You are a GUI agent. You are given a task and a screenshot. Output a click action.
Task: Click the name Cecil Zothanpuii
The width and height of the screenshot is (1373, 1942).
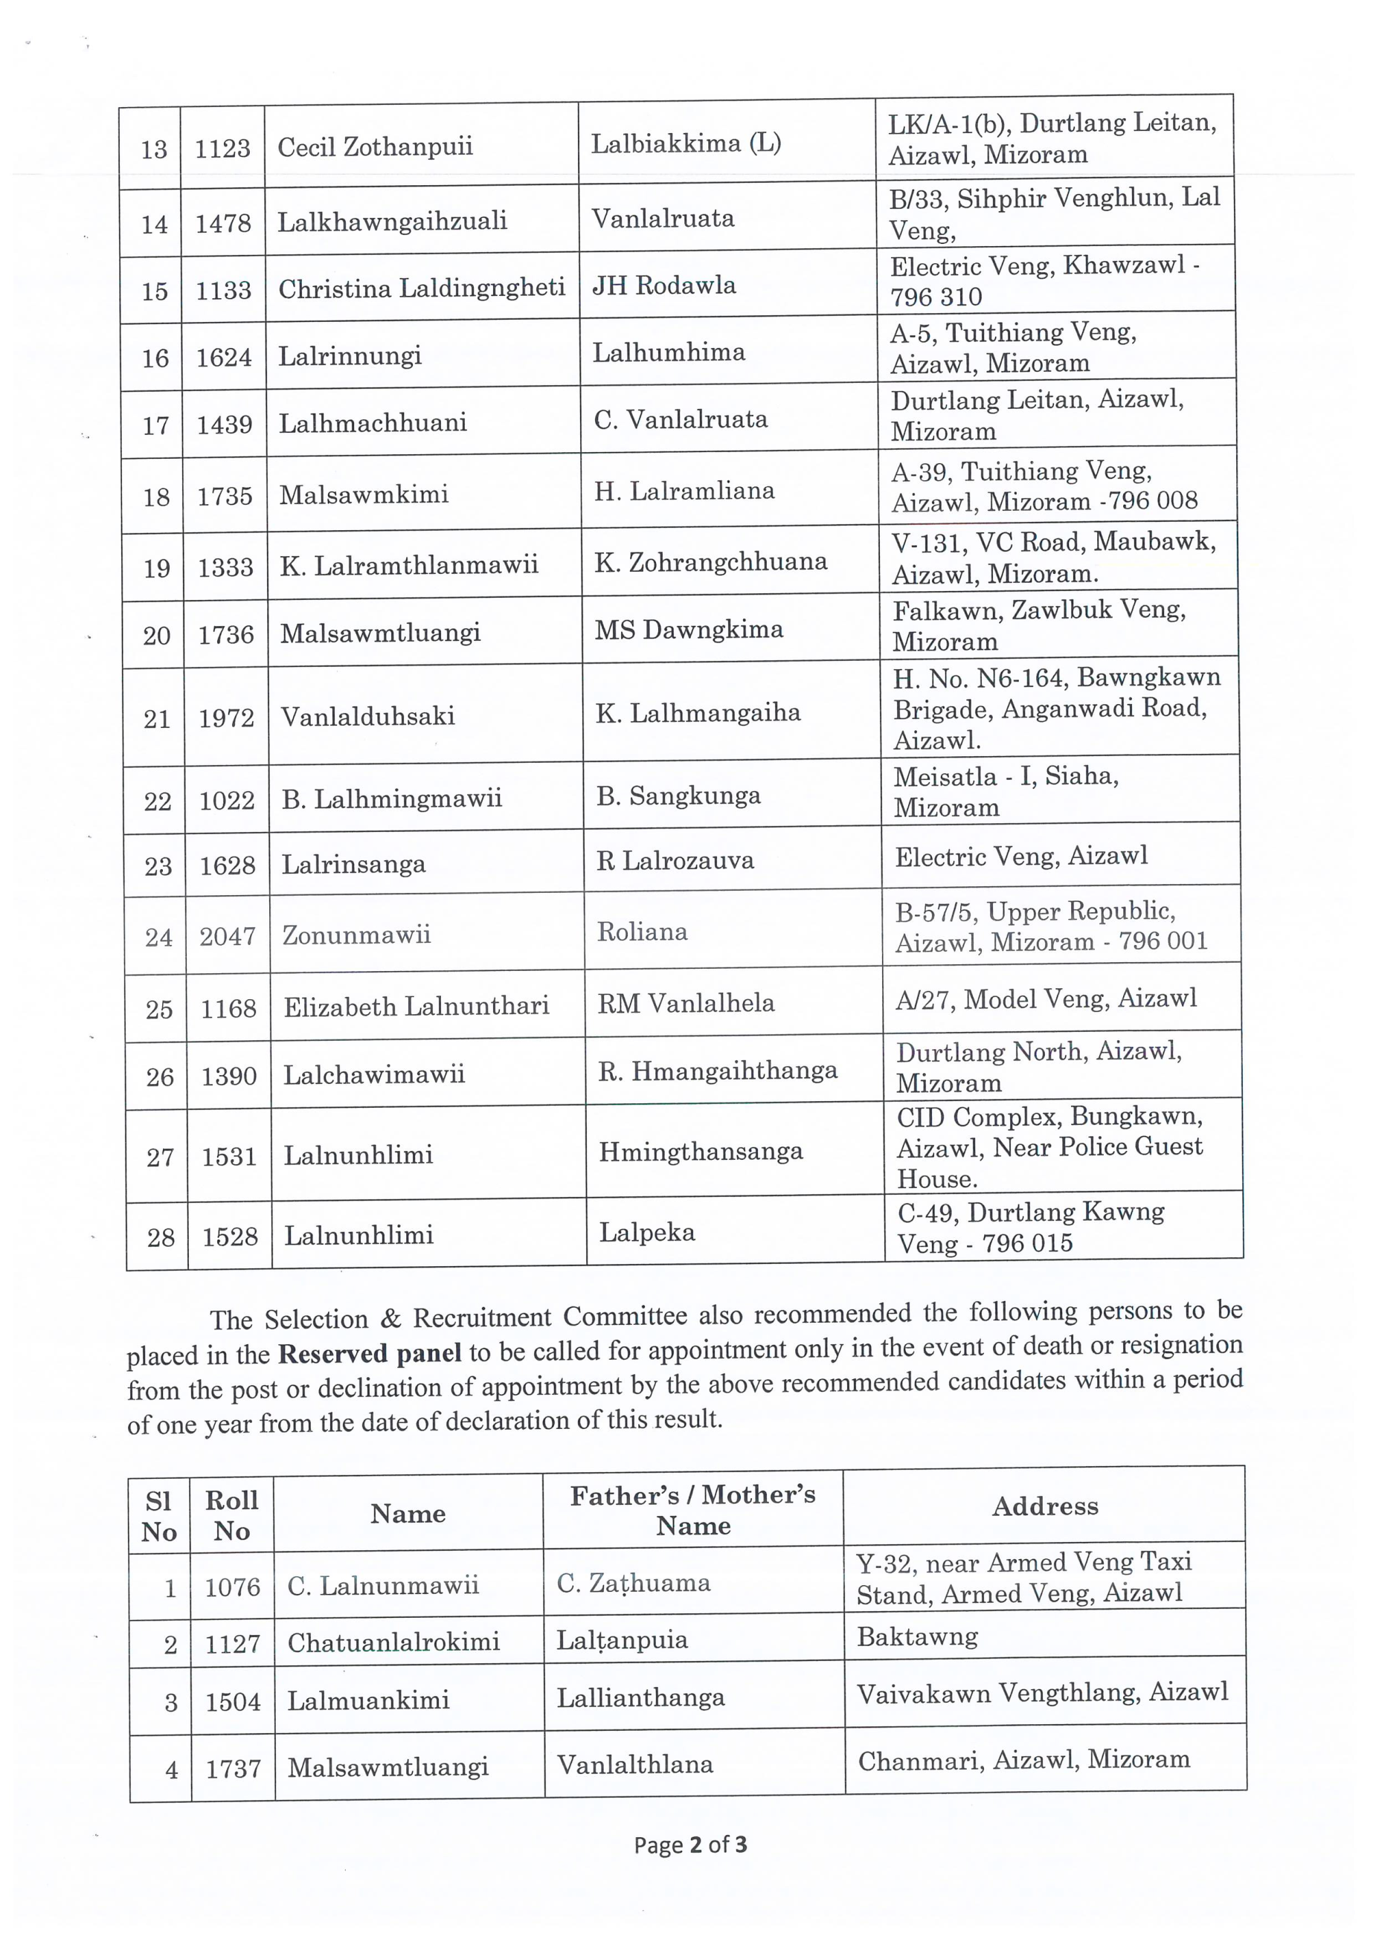pyautogui.click(x=375, y=147)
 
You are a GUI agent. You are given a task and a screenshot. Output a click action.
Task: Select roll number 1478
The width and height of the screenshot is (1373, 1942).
pyautogui.click(x=223, y=223)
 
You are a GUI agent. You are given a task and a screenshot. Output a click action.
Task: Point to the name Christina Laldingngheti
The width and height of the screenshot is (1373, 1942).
pyautogui.click(x=421, y=288)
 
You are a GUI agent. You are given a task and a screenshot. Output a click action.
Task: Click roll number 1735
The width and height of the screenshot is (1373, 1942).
pyautogui.click(x=225, y=496)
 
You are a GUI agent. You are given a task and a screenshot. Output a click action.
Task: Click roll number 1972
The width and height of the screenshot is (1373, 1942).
pyautogui.click(x=227, y=718)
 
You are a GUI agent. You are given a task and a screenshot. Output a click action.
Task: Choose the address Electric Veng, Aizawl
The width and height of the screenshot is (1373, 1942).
pyautogui.click(x=1021, y=856)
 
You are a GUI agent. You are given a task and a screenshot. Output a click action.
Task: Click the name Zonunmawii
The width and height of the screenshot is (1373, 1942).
pyautogui.click(x=356, y=935)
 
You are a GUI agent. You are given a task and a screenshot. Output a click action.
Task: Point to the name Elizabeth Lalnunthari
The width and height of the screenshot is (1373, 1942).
pyautogui.click(x=417, y=1007)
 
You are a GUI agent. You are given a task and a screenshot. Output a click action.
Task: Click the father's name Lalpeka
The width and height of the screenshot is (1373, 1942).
pyautogui.click(x=647, y=1233)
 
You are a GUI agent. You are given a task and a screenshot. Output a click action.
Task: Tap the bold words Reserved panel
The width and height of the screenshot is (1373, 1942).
pyautogui.click(x=370, y=1354)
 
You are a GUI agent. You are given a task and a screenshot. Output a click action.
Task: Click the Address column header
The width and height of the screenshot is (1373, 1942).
pyautogui.click(x=1045, y=1506)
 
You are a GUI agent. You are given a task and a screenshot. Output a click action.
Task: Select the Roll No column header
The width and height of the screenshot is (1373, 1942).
pyautogui.click(x=232, y=1514)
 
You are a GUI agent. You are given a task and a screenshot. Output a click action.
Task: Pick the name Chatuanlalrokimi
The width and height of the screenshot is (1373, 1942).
pyautogui.click(x=393, y=1642)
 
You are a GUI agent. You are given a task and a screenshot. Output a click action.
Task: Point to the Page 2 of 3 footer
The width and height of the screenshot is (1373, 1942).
pyautogui.click(x=690, y=1845)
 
